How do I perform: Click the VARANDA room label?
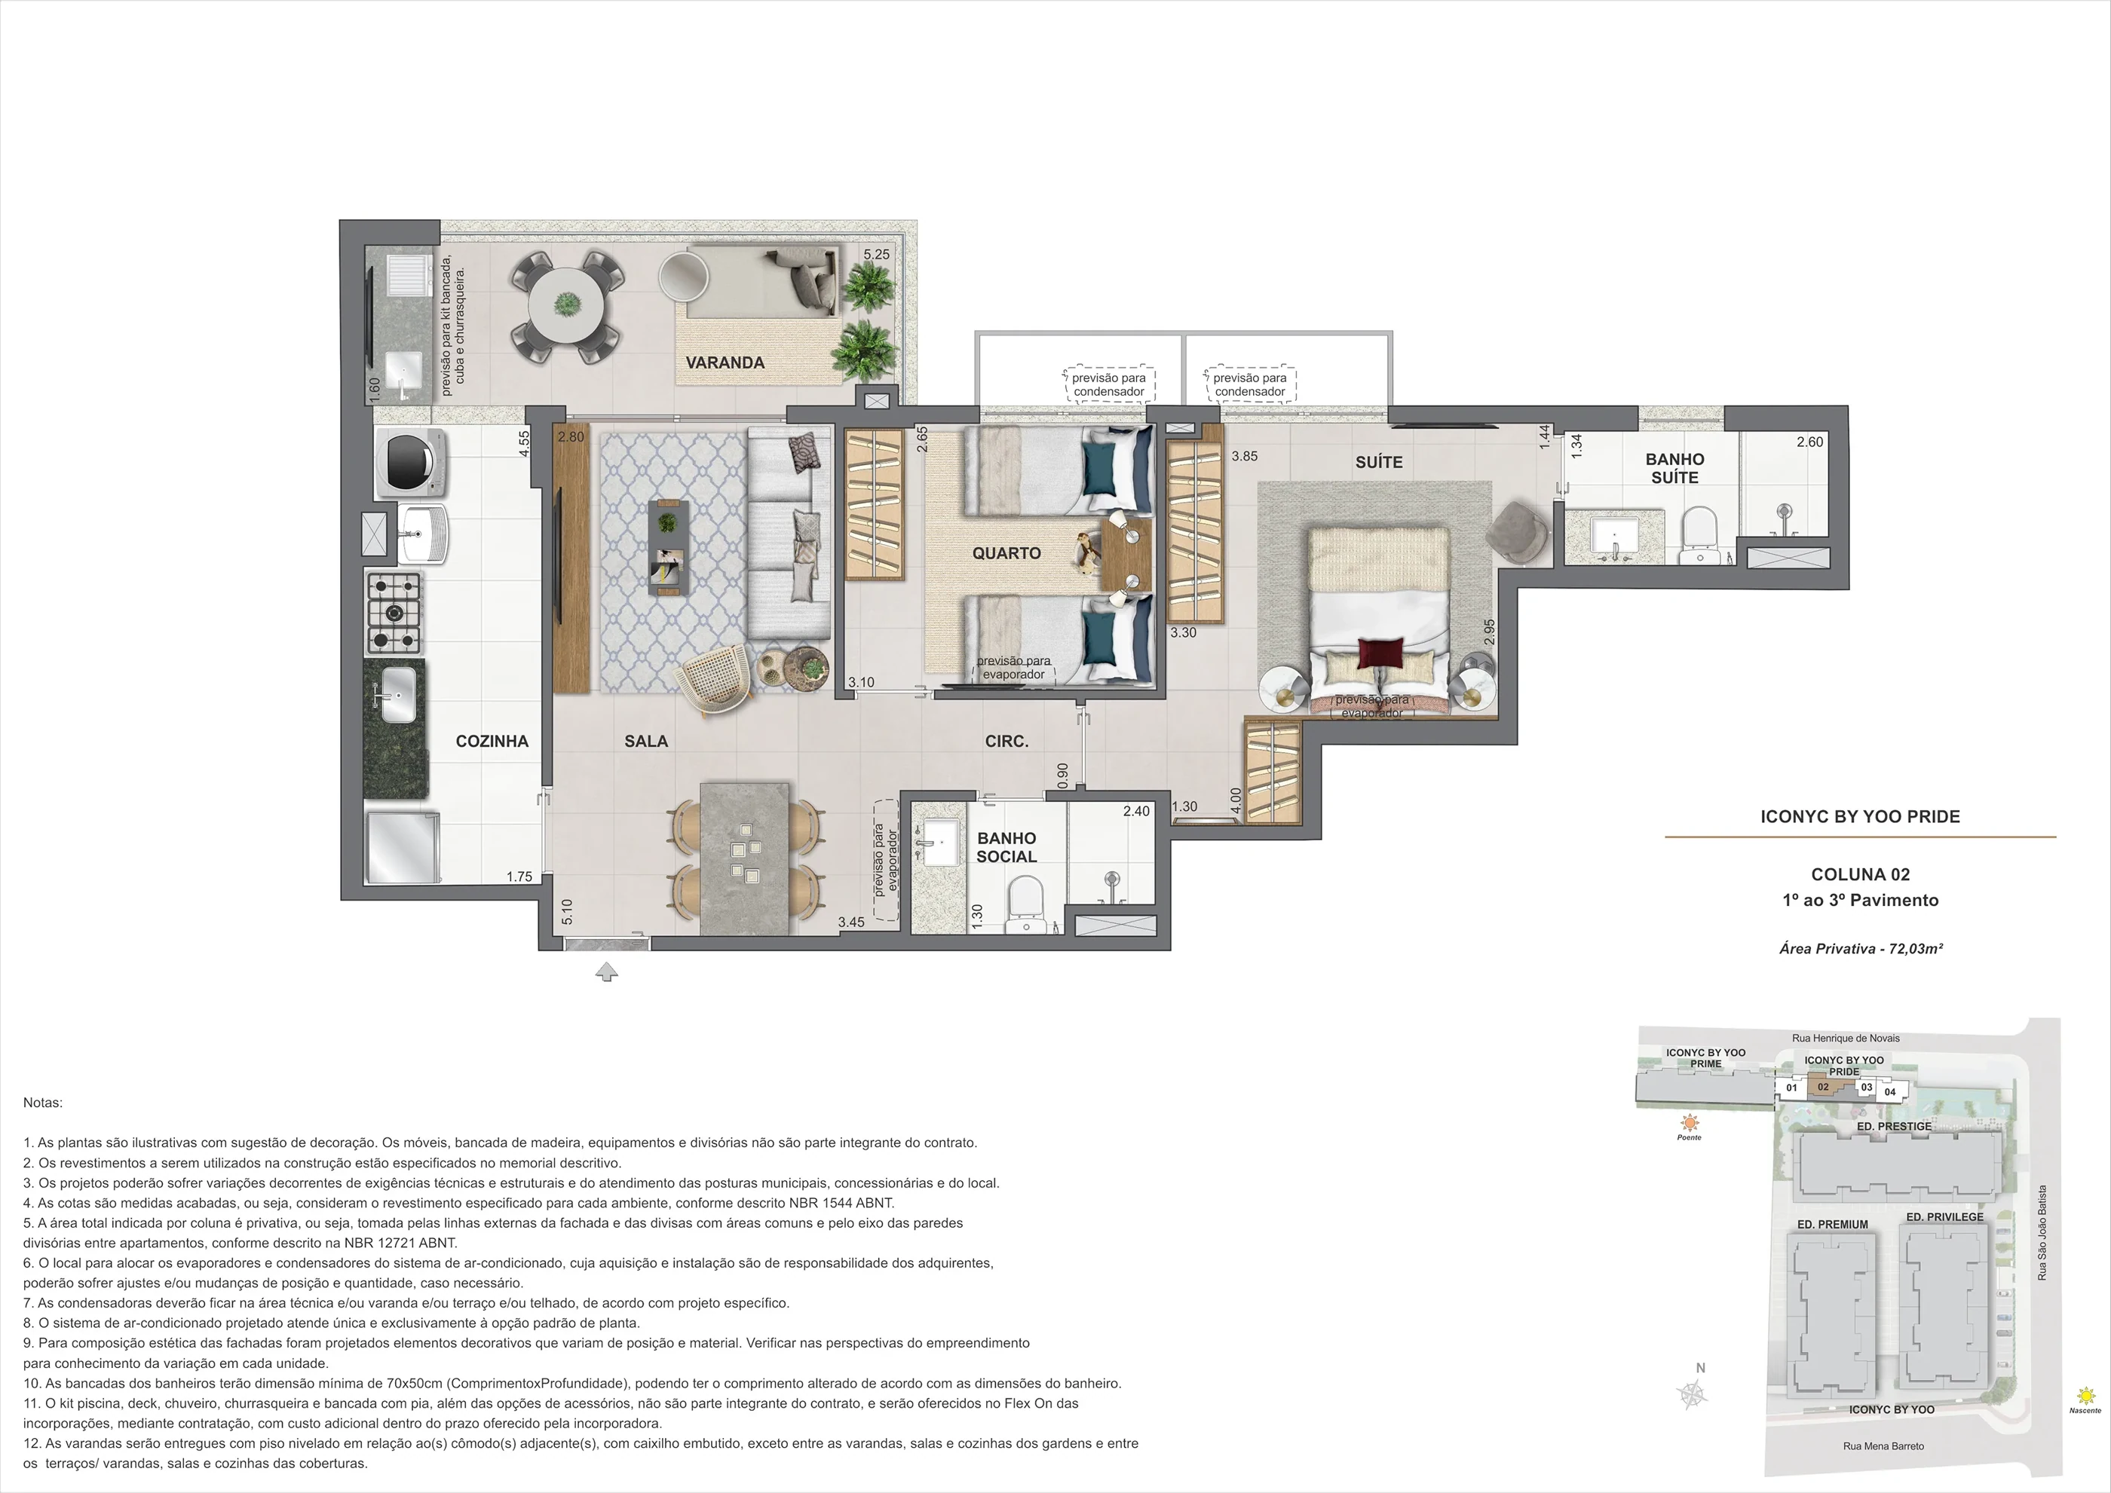tap(725, 363)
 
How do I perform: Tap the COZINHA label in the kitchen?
tap(492, 741)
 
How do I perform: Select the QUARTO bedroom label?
tap(1006, 553)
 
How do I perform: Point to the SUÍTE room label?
tap(1379, 461)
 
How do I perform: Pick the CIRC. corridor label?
tap(1006, 741)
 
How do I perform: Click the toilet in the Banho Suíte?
tap(1699, 537)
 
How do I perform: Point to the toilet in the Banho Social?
tap(1025, 904)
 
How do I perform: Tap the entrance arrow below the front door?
tap(607, 971)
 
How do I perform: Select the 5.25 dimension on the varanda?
tap(876, 255)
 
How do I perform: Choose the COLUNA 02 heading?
tap(1860, 874)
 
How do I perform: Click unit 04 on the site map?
tap(1889, 1092)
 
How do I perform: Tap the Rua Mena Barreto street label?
tap(1883, 1446)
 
